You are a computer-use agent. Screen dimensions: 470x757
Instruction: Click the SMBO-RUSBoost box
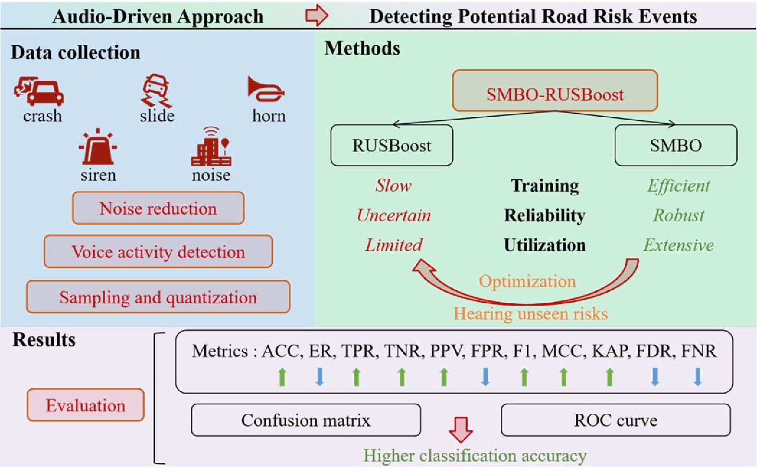[x=555, y=91]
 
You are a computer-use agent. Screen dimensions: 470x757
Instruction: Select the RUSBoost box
[x=391, y=145]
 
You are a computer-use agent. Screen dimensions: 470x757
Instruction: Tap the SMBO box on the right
[x=675, y=145]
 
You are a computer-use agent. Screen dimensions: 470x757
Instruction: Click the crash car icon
[x=39, y=91]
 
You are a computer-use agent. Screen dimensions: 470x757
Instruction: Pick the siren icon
[x=98, y=147]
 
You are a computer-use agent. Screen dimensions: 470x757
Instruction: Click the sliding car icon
[x=156, y=90]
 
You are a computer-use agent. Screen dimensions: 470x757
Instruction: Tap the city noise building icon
[x=211, y=147]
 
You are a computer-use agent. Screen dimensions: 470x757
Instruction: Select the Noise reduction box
[x=158, y=208]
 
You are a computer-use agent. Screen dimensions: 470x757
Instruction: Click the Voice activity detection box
[x=158, y=251]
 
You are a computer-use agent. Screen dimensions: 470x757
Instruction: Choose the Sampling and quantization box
[x=158, y=297]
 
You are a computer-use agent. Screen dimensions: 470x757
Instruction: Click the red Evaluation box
[x=86, y=405]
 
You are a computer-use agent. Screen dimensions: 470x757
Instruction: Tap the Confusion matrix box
[x=306, y=420]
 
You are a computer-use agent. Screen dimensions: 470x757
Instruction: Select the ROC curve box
[x=615, y=420]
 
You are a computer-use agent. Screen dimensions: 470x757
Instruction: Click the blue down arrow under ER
[x=320, y=377]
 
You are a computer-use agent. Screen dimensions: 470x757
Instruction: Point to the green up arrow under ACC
[x=282, y=377]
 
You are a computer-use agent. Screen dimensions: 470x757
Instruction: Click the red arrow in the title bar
[x=317, y=15]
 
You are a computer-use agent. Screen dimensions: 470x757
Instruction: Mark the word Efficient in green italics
[x=678, y=186]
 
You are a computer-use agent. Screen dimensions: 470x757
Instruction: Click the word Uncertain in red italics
[x=394, y=215]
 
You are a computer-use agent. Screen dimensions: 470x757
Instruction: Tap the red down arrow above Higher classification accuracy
[x=460, y=429]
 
